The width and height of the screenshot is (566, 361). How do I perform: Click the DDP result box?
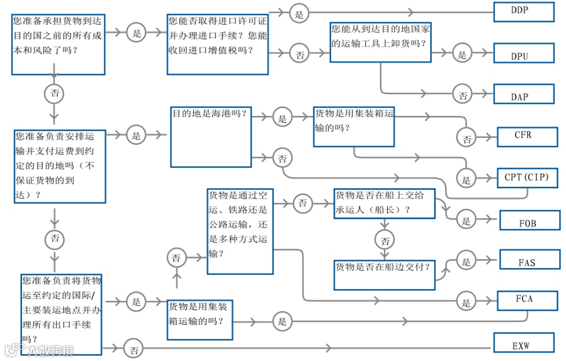click(x=524, y=12)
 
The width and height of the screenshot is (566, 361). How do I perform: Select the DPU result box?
click(x=524, y=54)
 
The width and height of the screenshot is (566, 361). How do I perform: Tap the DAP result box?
click(x=524, y=94)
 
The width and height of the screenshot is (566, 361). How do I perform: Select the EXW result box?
click(x=524, y=344)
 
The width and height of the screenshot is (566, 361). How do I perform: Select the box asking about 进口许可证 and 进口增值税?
click(x=217, y=44)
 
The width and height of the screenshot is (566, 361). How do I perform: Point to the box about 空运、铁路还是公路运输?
click(x=240, y=231)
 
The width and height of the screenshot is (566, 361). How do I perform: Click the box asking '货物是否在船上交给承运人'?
click(x=385, y=203)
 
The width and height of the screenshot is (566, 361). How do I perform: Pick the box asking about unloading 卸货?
click(x=380, y=43)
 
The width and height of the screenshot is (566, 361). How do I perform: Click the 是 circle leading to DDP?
click(x=299, y=14)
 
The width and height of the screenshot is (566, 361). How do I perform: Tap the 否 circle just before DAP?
click(x=463, y=95)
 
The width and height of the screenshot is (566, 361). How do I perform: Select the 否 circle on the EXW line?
click(x=134, y=349)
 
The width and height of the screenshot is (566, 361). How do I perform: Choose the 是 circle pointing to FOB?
click(x=466, y=220)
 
